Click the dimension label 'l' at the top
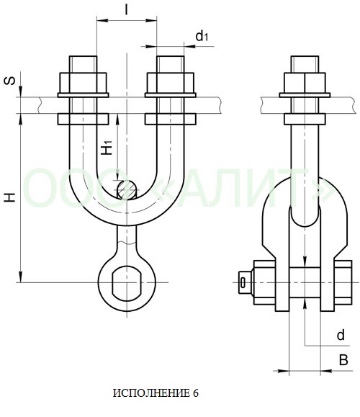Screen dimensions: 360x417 click(127, 9)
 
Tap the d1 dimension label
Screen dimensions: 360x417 click(202, 36)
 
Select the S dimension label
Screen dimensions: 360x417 click(10, 81)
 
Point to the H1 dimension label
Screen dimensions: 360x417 click(107, 148)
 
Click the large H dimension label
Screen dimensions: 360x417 click(10, 197)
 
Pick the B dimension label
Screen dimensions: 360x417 click(343, 360)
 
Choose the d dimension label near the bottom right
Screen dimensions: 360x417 click(341, 335)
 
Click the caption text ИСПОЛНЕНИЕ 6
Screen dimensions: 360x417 click(156, 393)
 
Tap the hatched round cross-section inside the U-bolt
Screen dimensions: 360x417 click(127, 190)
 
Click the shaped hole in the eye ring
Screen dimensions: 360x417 click(127, 283)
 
